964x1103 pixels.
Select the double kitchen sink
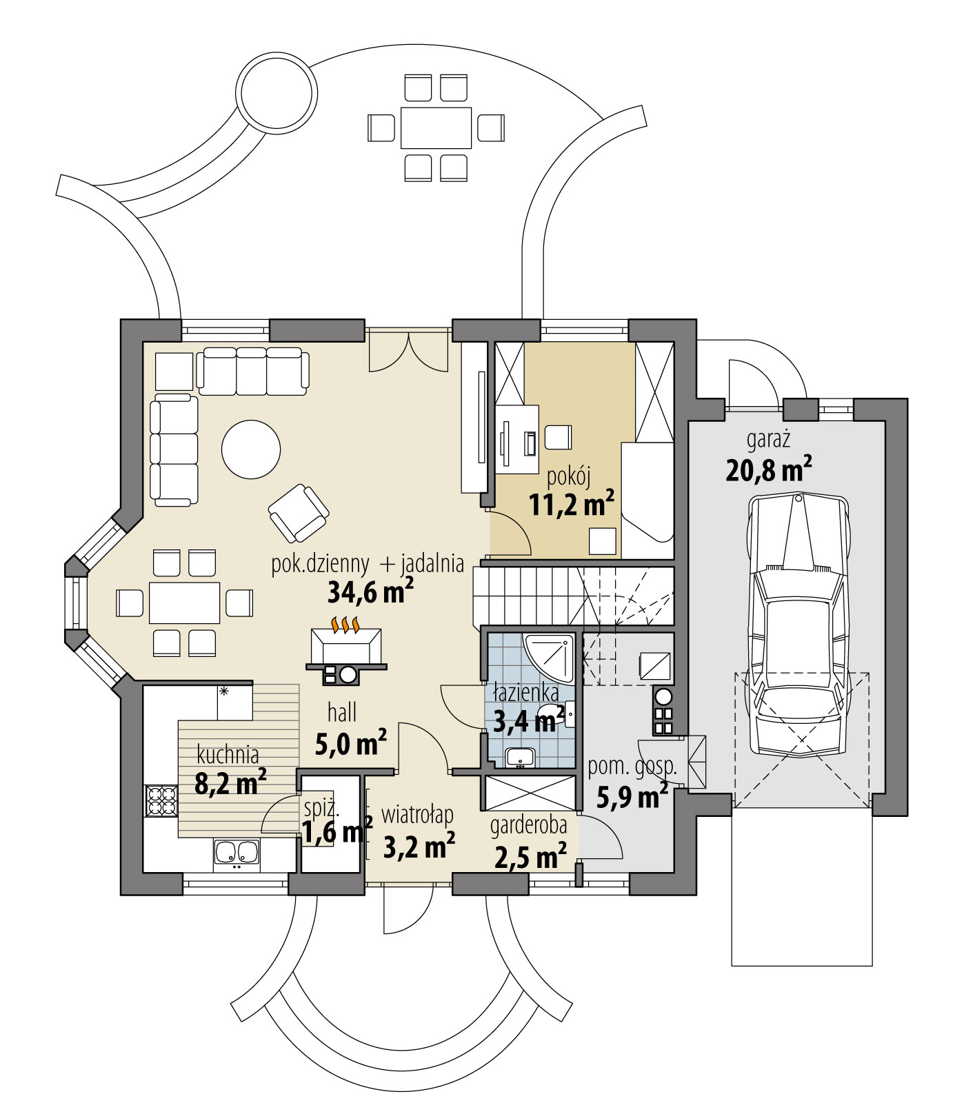coord(236,853)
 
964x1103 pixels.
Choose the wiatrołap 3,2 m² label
coord(418,833)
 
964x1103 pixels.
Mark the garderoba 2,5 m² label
coord(530,842)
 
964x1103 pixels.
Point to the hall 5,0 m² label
coord(350,729)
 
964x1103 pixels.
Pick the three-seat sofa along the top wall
coord(252,371)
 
